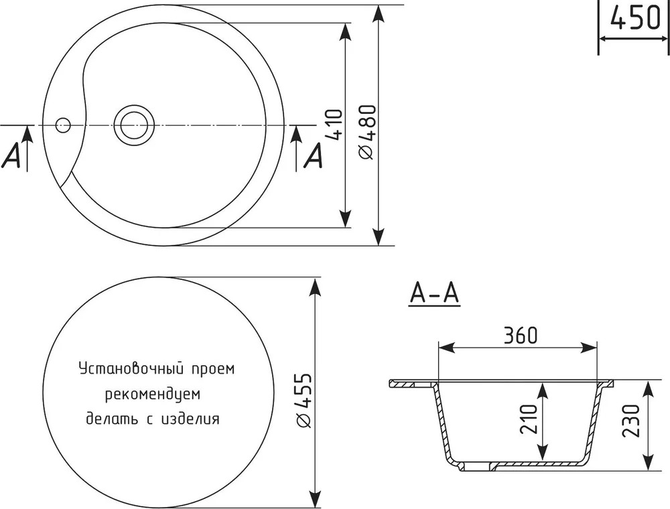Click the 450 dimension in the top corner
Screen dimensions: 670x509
pyautogui.click(x=635, y=18)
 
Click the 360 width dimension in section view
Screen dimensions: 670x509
pyautogui.click(x=520, y=336)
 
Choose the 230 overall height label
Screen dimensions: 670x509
pyautogui.click(x=631, y=421)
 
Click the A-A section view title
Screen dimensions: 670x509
pyautogui.click(x=434, y=293)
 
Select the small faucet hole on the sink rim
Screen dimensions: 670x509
pyautogui.click(x=63, y=125)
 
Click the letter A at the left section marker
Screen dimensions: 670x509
pyautogui.click(x=11, y=155)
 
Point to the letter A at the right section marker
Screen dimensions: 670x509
pyautogui.click(x=313, y=155)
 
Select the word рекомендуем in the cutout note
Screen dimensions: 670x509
pyautogui.click(x=153, y=394)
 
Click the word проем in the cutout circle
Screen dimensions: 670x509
pyautogui.click(x=213, y=370)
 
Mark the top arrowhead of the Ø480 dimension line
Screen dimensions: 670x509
pyautogui.click(x=377, y=17)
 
